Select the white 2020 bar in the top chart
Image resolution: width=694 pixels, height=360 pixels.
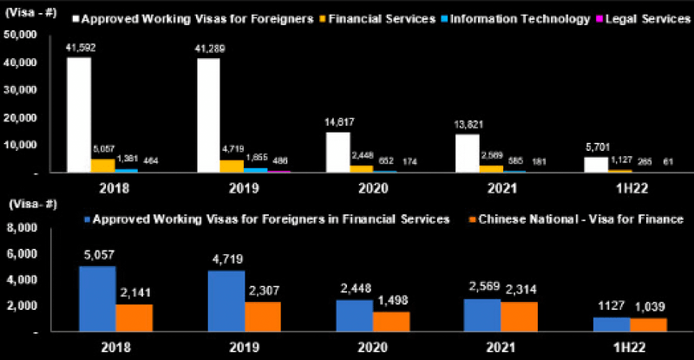pyautogui.click(x=337, y=152)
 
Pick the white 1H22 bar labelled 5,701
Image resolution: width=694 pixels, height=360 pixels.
pyautogui.click(x=596, y=164)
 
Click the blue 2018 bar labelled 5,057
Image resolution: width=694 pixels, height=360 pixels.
pyautogui.click(x=97, y=298)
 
